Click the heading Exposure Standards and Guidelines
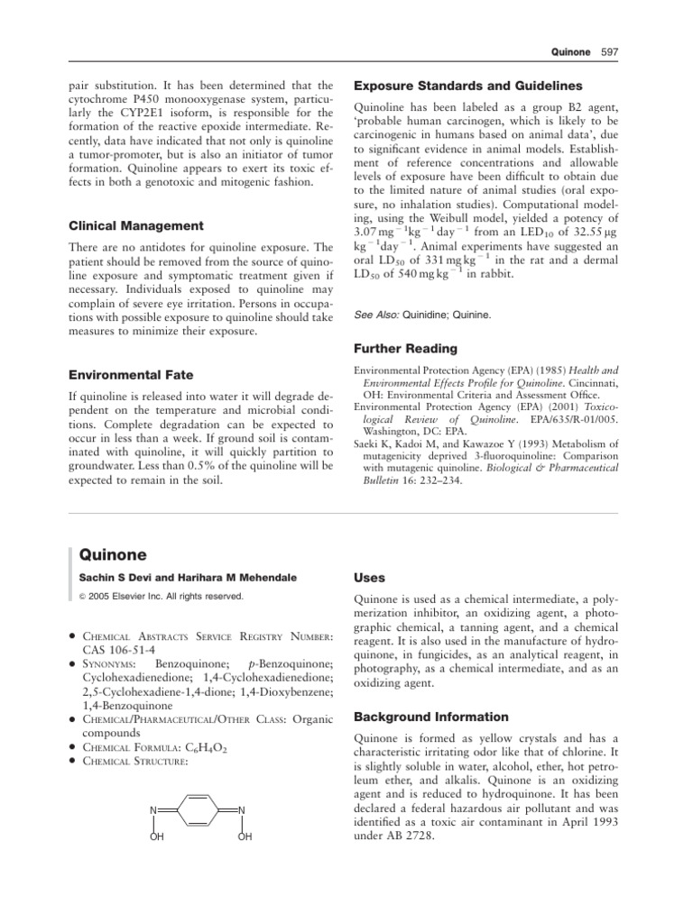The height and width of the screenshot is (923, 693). (467, 86)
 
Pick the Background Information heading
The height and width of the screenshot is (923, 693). (431, 717)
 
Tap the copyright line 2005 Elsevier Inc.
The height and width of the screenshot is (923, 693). (162, 597)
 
